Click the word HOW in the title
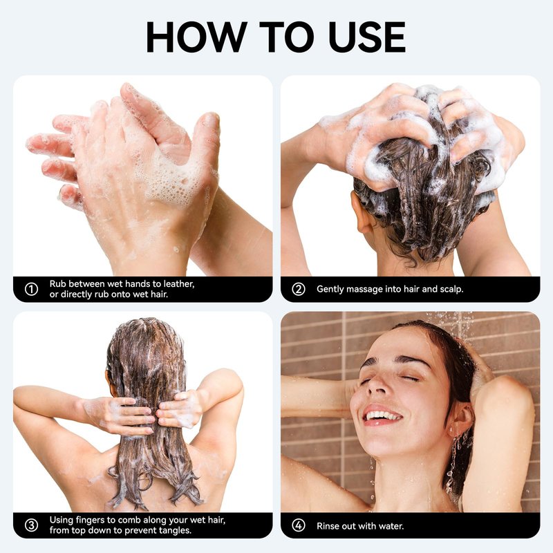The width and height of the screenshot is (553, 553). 196,37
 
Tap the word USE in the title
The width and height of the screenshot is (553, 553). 367,37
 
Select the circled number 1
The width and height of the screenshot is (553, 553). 31,289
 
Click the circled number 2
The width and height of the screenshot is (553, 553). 299,289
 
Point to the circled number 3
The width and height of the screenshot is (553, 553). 31,525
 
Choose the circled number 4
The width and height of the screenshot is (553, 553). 299,525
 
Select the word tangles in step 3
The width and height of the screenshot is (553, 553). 176,530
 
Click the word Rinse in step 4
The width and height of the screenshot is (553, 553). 328,526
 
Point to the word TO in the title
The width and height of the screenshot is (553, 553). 286,37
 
